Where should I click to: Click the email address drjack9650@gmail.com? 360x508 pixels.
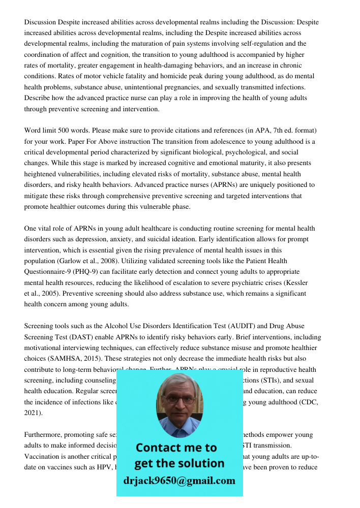click(x=179, y=481)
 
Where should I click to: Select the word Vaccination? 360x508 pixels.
click(x=44, y=456)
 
